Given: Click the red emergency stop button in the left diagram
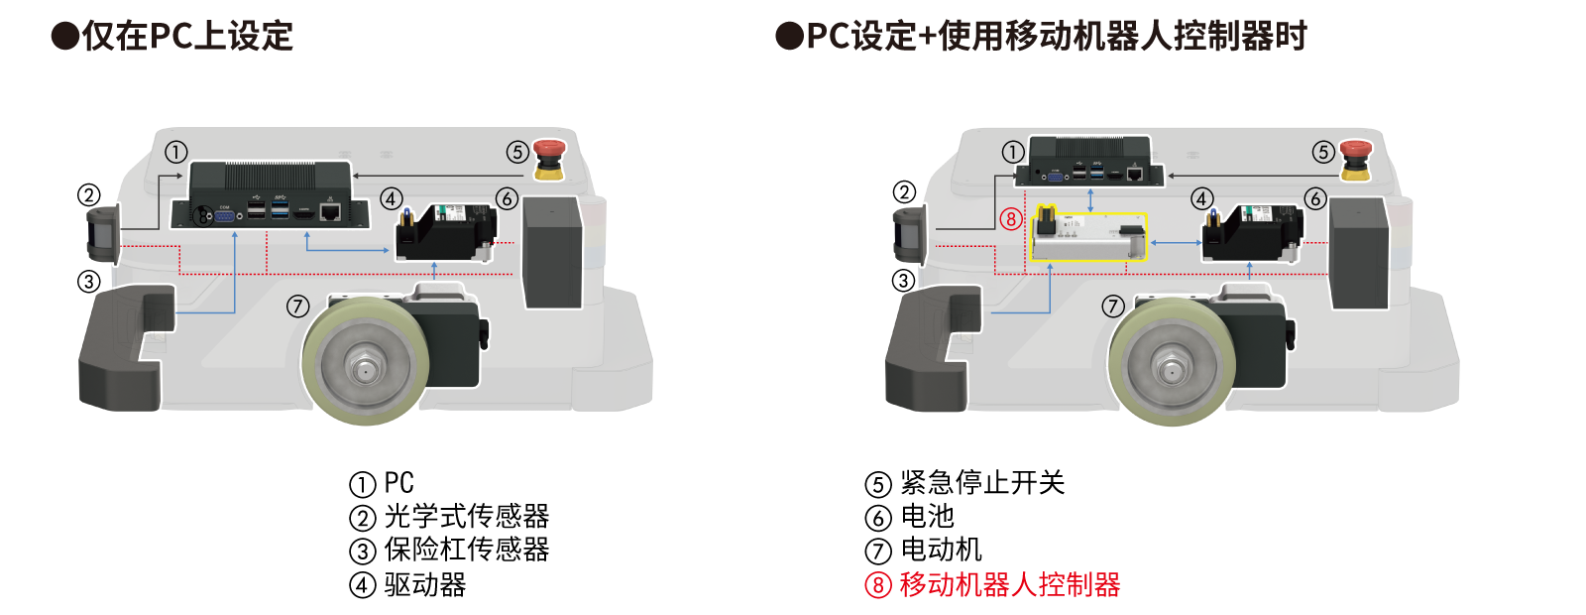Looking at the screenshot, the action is (x=549, y=160).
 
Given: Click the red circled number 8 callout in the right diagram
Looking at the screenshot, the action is (x=1011, y=219).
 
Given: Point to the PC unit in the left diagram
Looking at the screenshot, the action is (x=270, y=194).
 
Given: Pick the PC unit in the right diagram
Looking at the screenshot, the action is (x=1089, y=162).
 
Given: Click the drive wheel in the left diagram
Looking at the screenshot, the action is (x=366, y=361).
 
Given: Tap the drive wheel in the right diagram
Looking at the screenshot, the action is (x=1172, y=361).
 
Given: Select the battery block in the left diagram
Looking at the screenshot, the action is (x=553, y=253).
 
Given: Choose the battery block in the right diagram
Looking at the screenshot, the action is (x=1359, y=254).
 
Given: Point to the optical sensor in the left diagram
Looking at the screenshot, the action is (x=103, y=233).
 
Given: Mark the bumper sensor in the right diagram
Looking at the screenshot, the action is (x=933, y=347).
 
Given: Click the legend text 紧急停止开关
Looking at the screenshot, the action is (x=982, y=483).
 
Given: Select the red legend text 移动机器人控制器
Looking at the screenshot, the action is (x=1010, y=585).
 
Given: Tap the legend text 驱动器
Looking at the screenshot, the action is (x=425, y=585).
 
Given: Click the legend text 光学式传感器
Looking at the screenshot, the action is (x=467, y=517).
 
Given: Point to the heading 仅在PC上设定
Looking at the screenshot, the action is (x=187, y=36).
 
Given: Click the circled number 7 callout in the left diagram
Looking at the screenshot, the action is (x=298, y=307).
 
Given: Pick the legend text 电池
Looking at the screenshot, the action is (x=928, y=517).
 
